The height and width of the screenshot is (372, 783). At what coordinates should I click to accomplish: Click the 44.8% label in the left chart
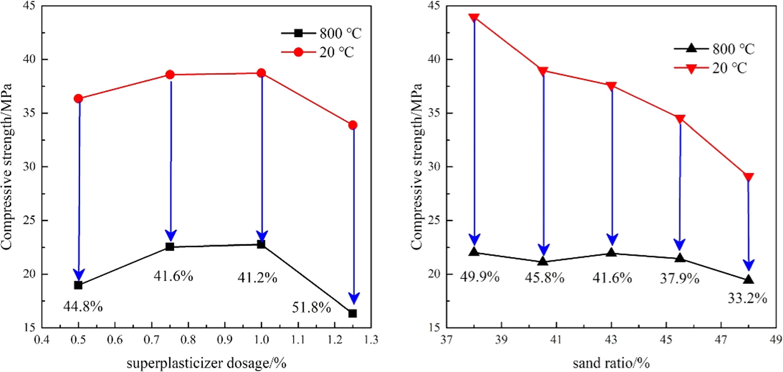point(83,306)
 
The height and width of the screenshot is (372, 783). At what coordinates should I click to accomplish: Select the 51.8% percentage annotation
point(311,307)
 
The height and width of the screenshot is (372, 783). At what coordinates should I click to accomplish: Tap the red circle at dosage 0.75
point(170,74)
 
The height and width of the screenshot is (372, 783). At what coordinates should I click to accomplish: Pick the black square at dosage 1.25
point(352,314)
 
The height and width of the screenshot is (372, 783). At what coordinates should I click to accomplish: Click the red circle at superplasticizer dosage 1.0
point(261,73)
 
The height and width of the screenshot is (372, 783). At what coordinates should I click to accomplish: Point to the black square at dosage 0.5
point(78,285)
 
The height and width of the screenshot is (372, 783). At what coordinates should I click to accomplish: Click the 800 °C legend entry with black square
point(321,33)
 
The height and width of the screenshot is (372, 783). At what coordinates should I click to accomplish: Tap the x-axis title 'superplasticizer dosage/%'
point(206,363)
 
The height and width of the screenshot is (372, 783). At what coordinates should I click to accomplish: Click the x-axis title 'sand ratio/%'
point(611,363)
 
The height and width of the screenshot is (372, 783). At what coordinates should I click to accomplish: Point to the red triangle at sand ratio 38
point(474,18)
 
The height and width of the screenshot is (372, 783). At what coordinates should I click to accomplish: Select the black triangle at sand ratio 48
point(748,279)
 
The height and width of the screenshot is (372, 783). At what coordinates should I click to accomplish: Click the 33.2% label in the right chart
point(747,298)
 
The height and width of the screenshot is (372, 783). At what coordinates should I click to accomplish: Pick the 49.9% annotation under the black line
point(479,277)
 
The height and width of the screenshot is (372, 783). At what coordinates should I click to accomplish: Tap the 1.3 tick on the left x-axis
point(371,340)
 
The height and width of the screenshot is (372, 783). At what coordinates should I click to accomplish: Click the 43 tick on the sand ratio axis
point(611,340)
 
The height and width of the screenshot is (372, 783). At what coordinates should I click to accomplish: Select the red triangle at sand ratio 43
point(611,86)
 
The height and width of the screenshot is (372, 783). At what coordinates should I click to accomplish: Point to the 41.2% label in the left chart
point(257,278)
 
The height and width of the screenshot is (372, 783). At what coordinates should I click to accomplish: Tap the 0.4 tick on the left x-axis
point(42,340)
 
